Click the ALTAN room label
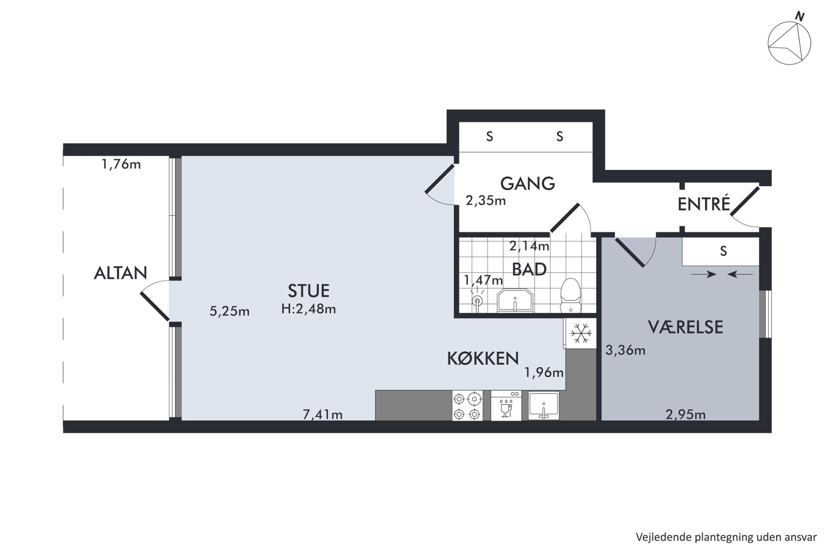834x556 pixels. pyautogui.click(x=121, y=273)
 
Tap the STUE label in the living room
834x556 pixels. pyautogui.click(x=309, y=291)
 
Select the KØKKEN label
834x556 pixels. pyautogui.click(x=483, y=358)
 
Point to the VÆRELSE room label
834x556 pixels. pyautogui.click(x=685, y=327)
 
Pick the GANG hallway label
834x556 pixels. pyautogui.click(x=528, y=184)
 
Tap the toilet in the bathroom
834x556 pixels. pyautogui.click(x=571, y=295)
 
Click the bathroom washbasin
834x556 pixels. pyautogui.click(x=515, y=300)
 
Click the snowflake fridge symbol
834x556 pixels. pyautogui.click(x=581, y=333)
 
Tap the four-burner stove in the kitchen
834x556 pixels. pyautogui.click(x=467, y=406)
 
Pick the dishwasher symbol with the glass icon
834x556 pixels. pyautogui.click(x=506, y=406)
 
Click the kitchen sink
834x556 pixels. pyautogui.click(x=544, y=406)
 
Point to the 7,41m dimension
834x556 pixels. pyautogui.click(x=322, y=415)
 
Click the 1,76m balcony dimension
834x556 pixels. pyautogui.click(x=121, y=164)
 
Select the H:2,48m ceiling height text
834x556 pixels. pyautogui.click(x=309, y=309)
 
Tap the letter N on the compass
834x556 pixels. pyautogui.click(x=800, y=17)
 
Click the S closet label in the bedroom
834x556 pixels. pyautogui.click(x=723, y=251)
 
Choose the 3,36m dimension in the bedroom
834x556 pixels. pyautogui.click(x=625, y=350)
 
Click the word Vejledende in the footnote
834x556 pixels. pyautogui.click(x=658, y=537)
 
